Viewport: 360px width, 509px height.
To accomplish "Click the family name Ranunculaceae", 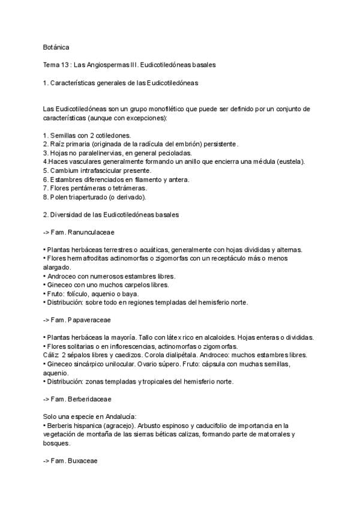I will point(94,232).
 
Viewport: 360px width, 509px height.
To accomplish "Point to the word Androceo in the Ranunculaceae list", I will point(62,276).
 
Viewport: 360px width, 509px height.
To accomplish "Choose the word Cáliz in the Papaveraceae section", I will point(52,355).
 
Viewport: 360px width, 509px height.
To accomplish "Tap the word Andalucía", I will point(118,417).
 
